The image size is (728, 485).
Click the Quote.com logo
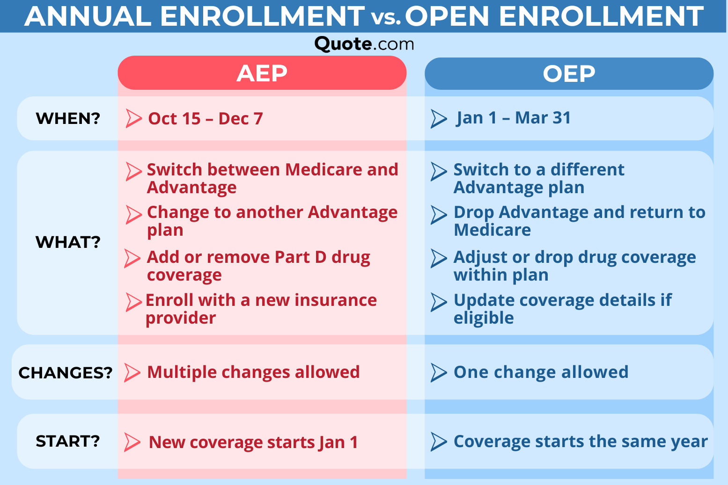click(364, 44)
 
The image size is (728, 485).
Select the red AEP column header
click(262, 73)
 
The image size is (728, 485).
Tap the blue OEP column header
click(569, 73)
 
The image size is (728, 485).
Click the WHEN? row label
click(68, 118)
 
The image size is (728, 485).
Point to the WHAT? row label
click(68, 242)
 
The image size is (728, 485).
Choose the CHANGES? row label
click(66, 372)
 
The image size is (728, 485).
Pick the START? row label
click(68, 441)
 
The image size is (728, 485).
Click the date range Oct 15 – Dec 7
click(205, 119)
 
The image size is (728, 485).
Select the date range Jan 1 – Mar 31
click(514, 118)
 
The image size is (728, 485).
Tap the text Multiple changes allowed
click(253, 372)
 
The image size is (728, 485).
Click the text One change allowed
click(541, 372)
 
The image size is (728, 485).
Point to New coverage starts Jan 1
click(253, 442)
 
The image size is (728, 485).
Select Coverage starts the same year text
click(581, 442)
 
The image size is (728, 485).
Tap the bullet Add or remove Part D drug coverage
click(258, 266)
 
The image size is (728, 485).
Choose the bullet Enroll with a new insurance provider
click(261, 309)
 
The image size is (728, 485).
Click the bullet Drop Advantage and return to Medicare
click(579, 221)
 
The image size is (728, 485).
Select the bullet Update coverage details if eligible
click(562, 309)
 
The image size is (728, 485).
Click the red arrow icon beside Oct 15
click(133, 119)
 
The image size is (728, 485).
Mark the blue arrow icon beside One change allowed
click(438, 373)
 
